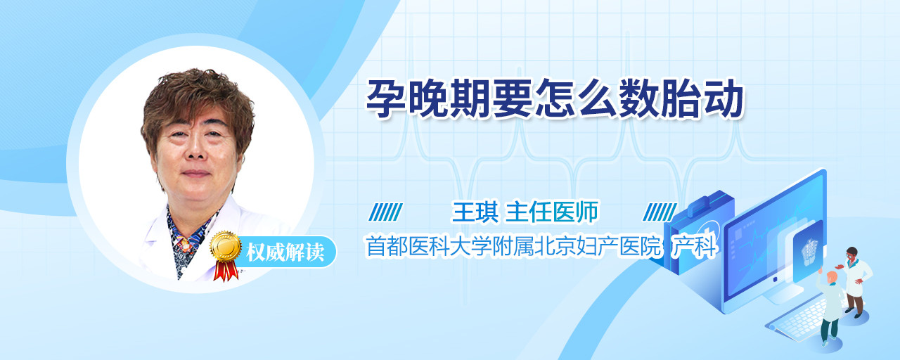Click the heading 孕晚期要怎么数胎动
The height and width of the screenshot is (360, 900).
[x=555, y=98]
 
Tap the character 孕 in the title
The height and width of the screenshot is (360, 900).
[x=386, y=98]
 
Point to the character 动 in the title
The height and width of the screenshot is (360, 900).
[x=724, y=98]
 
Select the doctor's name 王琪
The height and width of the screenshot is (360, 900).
[x=475, y=212]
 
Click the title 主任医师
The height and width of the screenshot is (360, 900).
[x=552, y=212]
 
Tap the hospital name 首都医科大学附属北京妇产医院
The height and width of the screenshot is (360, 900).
[x=513, y=246]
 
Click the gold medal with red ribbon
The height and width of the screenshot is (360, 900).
[x=226, y=255]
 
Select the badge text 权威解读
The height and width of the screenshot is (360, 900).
[x=285, y=252]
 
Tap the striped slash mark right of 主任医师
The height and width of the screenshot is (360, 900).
[x=660, y=212]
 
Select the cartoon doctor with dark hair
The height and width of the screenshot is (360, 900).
[x=855, y=281]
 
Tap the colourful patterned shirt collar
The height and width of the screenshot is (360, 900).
[x=188, y=241]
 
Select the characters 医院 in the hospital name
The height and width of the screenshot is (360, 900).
[x=640, y=246]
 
